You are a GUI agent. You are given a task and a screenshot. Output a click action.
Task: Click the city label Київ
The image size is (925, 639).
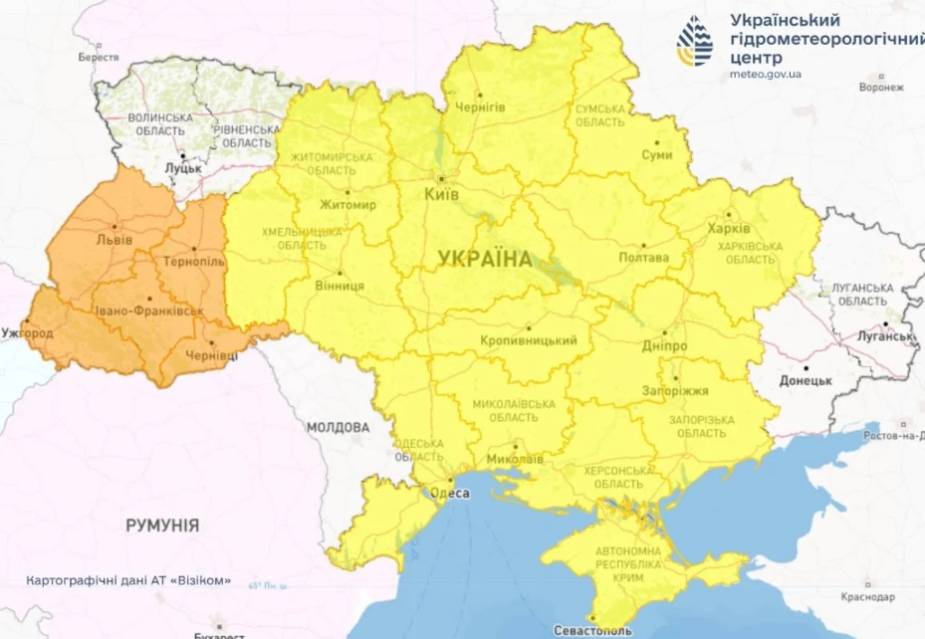click(441, 194)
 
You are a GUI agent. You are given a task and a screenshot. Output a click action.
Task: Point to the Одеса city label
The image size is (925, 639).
click(449, 492)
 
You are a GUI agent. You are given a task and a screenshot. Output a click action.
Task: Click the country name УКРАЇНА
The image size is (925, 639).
click(485, 259)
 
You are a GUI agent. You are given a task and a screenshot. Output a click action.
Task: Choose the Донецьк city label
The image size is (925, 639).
click(805, 380)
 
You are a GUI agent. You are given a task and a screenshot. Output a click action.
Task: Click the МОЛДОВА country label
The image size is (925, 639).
click(337, 428)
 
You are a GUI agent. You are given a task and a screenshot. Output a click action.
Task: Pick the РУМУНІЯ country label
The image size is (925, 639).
click(162, 525)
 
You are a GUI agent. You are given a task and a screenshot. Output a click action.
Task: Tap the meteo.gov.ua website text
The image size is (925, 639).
click(766, 75)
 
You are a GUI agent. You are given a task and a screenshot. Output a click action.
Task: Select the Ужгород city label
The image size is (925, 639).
click(28, 332)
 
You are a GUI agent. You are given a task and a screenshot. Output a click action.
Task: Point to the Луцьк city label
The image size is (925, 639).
click(183, 168)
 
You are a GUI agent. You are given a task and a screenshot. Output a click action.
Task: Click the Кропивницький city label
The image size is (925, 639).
click(529, 341)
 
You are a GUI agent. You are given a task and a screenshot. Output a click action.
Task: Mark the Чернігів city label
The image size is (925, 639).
click(481, 106)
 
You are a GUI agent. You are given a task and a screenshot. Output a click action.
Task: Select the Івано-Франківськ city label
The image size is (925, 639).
click(149, 312)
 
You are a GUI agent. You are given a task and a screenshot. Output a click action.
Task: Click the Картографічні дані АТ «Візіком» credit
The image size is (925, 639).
click(129, 580)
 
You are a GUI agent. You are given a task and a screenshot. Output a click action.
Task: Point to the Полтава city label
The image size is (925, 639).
click(644, 258)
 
